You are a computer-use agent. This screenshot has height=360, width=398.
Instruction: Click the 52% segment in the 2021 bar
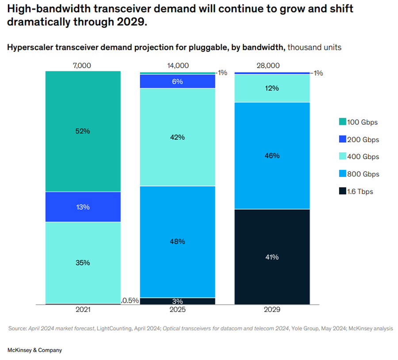pos(83,131)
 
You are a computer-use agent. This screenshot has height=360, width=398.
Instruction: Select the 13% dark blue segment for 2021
pos(83,207)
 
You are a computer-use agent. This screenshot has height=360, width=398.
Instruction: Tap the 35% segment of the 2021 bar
pos(83,263)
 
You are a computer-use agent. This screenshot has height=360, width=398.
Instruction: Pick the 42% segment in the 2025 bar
pos(177,137)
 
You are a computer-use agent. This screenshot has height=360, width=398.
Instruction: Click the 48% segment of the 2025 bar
pos(177,241)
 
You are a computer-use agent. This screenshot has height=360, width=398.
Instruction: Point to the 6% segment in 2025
pos(177,81)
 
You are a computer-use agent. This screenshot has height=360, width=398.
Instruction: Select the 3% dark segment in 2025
pos(177,301)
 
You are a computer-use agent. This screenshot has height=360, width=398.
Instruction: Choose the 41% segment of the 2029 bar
pos(272,257)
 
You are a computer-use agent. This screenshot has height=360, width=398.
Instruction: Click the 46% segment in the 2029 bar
pos(272,155)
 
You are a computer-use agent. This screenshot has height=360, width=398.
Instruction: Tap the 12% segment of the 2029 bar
pos(272,88)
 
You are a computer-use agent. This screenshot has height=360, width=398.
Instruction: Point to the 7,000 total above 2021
pos(82,65)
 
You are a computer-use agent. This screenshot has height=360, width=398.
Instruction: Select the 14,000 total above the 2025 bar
pos(177,65)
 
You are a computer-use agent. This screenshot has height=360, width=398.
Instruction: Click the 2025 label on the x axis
pos(177,310)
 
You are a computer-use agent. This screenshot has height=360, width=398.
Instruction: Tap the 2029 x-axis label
pos(272,310)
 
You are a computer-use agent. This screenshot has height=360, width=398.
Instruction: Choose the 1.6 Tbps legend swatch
pos(342,191)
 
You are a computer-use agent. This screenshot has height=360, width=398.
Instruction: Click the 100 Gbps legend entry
pos(358,122)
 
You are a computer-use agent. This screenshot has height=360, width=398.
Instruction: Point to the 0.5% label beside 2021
pos(130,301)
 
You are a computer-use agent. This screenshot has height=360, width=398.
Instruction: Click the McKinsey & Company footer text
pos(35,350)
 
